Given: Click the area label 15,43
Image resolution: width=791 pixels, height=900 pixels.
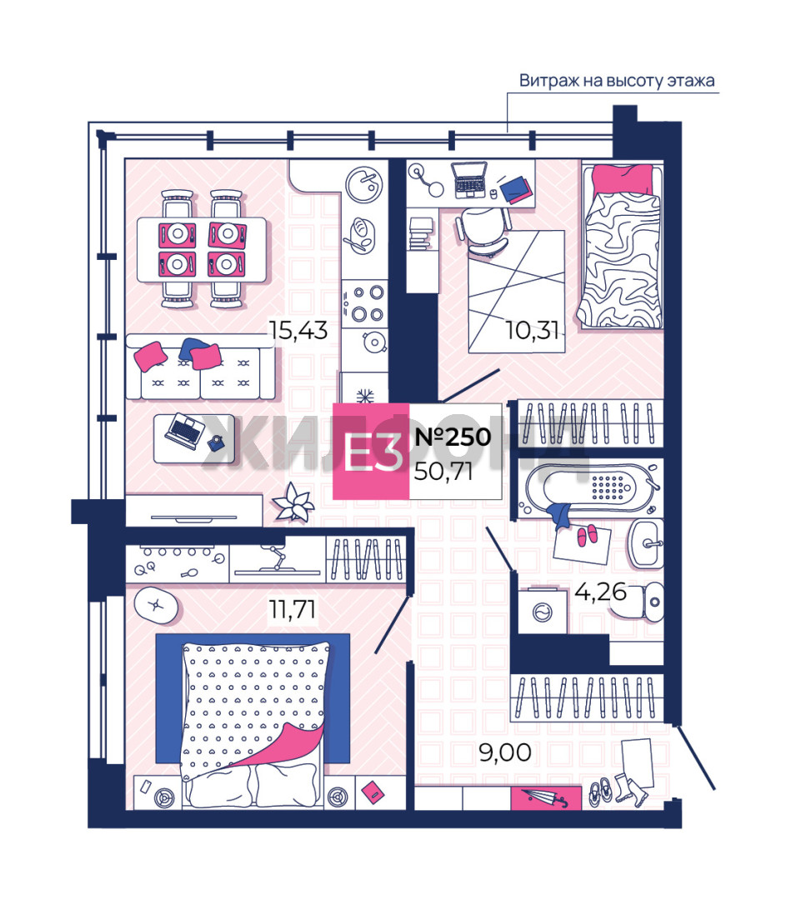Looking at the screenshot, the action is pyautogui.click(x=298, y=331).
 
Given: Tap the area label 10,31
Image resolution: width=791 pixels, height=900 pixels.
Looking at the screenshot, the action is pyautogui.click(x=532, y=330).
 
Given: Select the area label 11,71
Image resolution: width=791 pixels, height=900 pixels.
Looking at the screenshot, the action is pyautogui.click(x=293, y=609).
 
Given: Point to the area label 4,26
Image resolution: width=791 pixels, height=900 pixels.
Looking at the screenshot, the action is pyautogui.click(x=600, y=591).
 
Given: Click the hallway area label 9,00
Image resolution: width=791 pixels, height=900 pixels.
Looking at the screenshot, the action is pyautogui.click(x=505, y=752).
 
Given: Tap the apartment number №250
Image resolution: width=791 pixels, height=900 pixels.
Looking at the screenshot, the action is pyautogui.click(x=453, y=437).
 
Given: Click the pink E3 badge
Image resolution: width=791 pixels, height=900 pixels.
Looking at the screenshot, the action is pyautogui.click(x=371, y=451).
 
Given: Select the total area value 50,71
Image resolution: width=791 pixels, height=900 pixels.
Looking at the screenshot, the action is pyautogui.click(x=443, y=472).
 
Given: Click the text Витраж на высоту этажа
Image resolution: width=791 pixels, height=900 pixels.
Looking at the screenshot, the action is pyautogui.click(x=617, y=80).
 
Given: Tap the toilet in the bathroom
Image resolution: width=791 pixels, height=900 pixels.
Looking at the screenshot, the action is pyautogui.click(x=641, y=602).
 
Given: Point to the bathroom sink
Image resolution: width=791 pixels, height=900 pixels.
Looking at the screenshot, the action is pyautogui.click(x=647, y=543).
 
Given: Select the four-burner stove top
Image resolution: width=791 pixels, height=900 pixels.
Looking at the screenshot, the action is pyautogui.click(x=364, y=304).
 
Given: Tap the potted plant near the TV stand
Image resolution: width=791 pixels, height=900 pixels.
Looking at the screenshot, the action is pyautogui.click(x=294, y=502).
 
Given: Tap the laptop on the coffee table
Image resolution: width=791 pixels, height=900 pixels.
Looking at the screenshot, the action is pyautogui.click(x=185, y=431).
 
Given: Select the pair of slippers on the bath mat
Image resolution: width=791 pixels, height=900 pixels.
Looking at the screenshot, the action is pyautogui.click(x=587, y=535).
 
